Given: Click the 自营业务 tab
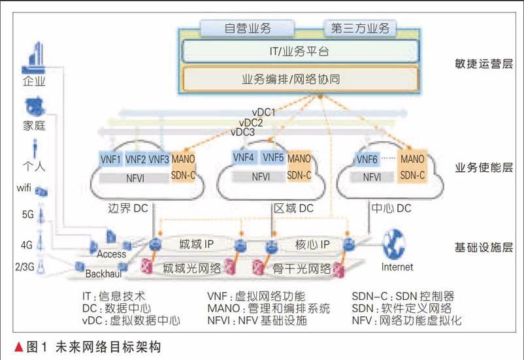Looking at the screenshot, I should pos(248,28).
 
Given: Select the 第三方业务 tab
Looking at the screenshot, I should pos(361,28).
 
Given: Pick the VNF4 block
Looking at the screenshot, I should pos(243,157).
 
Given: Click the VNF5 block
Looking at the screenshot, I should pos(273,157).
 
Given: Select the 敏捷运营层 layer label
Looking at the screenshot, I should pos(483,64).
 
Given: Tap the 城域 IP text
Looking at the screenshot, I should pos(198,244).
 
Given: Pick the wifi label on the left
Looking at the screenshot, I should pos(24,189).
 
